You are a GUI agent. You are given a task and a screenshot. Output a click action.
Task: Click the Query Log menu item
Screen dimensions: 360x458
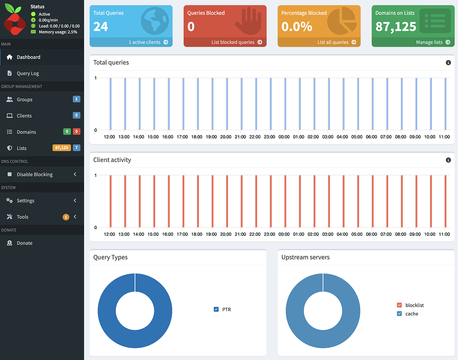28,73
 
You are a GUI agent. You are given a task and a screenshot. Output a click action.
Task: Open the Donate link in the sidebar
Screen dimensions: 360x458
25,243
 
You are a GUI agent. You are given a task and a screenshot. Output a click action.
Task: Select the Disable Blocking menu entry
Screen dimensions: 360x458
34,174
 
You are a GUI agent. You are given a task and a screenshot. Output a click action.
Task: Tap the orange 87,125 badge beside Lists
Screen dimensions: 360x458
62,148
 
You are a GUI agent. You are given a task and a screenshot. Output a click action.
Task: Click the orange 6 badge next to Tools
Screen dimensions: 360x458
66,217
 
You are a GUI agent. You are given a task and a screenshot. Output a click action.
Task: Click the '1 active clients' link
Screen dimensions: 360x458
148,42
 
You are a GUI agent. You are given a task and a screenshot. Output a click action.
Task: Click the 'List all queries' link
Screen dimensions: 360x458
336,42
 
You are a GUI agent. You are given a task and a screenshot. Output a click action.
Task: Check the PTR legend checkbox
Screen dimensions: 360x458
216,309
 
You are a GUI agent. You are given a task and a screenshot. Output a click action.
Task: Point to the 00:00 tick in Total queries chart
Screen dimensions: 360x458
284,137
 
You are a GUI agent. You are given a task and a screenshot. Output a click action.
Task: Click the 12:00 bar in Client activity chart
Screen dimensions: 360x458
110,201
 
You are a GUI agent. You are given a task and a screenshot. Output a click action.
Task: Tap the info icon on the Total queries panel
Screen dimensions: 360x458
448,63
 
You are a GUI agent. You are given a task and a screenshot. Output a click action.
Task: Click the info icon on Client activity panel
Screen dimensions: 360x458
448,160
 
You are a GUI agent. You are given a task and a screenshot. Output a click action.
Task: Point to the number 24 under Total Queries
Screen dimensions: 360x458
101,27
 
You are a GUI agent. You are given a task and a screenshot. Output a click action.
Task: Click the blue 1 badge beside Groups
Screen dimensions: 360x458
76,99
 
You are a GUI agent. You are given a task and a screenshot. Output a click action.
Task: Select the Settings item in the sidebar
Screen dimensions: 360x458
25,201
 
